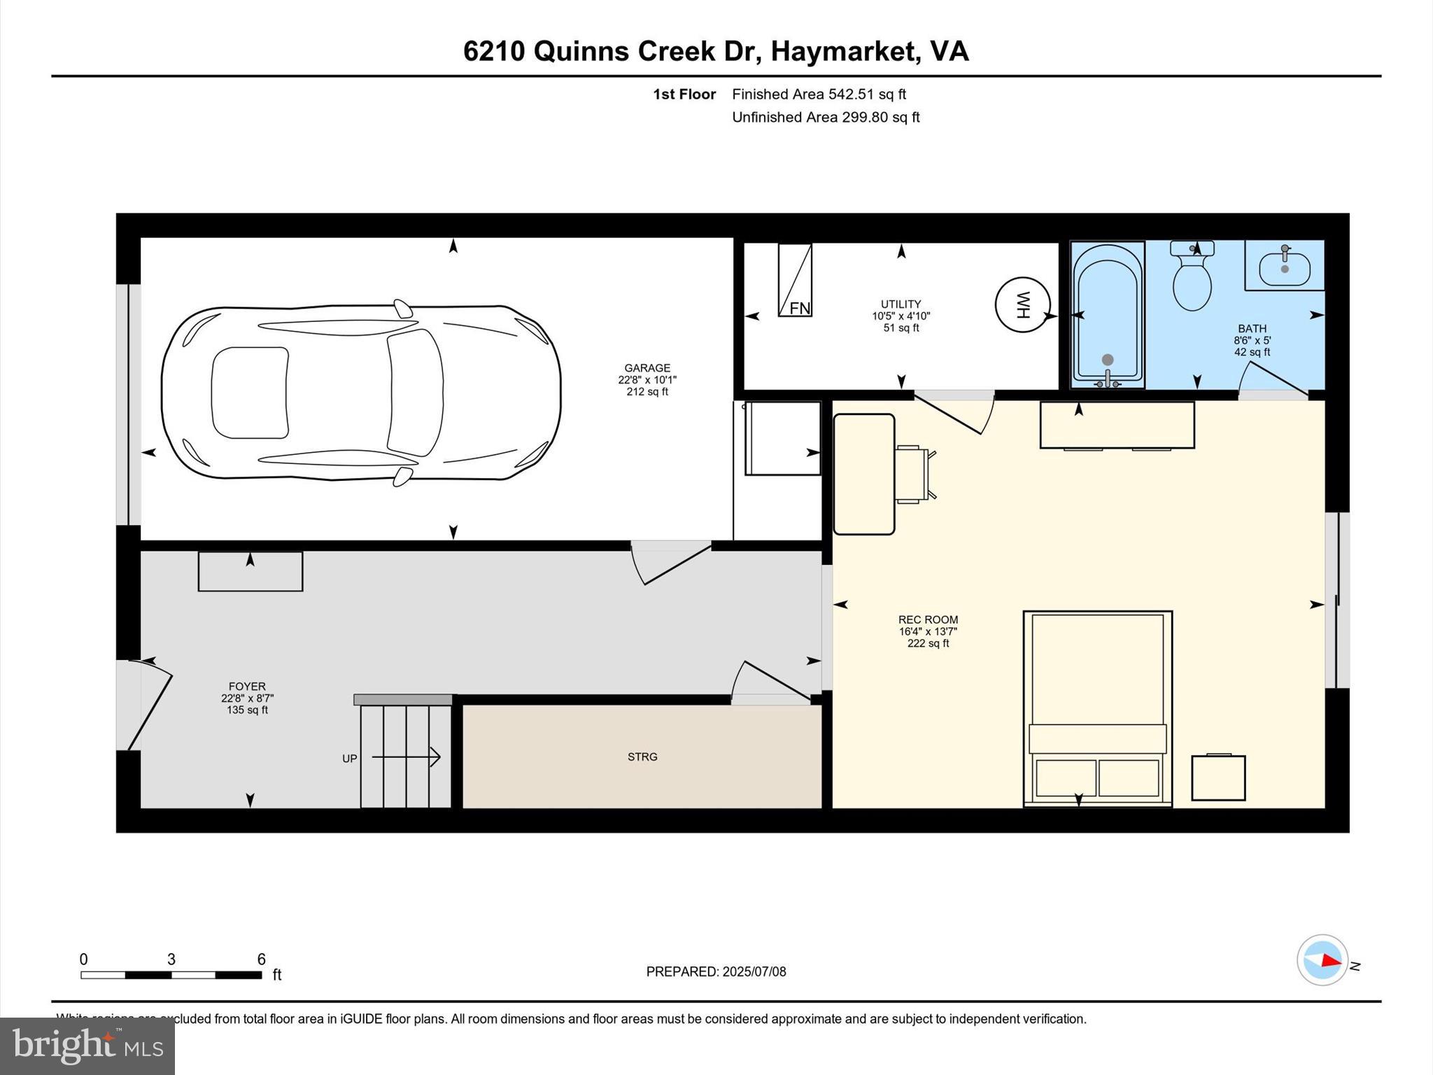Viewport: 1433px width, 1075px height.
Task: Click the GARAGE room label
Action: coord(647,368)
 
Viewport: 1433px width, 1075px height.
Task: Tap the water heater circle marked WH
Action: coord(1022,304)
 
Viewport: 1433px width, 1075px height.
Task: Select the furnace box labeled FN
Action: coord(796,280)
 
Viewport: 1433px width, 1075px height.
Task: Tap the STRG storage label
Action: coord(642,757)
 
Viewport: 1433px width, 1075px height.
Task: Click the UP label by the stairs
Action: coord(349,759)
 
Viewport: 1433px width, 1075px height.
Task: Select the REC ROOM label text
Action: coord(928,619)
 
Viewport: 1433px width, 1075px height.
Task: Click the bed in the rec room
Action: coord(1097,707)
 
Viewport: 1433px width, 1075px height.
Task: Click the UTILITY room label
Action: coord(901,304)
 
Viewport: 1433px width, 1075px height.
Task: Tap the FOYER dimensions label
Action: coord(247,698)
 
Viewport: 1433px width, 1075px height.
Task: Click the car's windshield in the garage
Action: coord(415,392)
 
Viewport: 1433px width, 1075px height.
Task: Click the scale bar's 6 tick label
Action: coord(261,960)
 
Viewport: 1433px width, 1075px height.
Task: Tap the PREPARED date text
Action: coord(716,971)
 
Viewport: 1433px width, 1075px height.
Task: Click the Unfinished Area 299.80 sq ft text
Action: coord(826,117)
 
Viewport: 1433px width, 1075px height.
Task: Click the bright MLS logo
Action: coord(87,1046)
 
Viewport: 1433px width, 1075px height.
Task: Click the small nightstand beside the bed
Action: coord(1218,778)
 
